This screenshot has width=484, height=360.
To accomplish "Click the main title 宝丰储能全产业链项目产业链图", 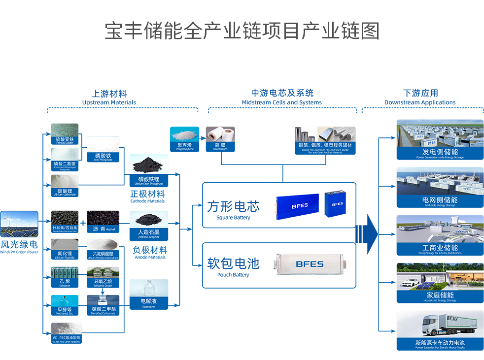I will [242, 31].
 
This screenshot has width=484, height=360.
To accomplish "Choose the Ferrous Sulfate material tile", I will [65, 133].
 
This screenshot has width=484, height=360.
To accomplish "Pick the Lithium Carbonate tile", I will [65, 186].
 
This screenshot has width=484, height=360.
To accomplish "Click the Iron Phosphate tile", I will [103, 149].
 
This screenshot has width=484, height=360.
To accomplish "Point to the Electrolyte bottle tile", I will [148, 294].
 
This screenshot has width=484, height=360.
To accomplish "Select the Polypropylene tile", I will [184, 138].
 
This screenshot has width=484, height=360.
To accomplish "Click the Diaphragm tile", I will [220, 138].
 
